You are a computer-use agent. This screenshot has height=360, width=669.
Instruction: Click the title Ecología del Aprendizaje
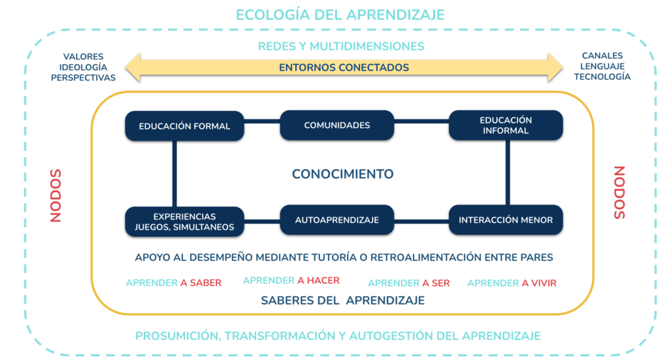340,15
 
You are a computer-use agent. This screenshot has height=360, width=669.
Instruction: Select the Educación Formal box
184,126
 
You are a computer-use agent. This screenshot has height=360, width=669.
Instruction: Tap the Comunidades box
336,125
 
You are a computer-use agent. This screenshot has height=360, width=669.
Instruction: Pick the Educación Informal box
506,125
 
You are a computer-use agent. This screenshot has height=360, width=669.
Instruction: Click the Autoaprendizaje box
336,220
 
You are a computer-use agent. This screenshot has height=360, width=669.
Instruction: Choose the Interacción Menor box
506,220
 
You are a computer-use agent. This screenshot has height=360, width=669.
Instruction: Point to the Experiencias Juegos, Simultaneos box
184,221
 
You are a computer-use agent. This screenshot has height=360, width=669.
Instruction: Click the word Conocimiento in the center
342,174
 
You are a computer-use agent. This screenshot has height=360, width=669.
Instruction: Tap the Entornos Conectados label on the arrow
344,67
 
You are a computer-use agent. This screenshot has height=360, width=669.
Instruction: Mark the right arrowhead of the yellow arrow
555,67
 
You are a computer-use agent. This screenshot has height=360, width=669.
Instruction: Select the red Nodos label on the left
56,196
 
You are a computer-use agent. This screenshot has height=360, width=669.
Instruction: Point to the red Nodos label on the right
619,193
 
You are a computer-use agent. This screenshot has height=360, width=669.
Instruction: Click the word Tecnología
602,77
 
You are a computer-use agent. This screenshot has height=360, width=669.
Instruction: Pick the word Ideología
83,67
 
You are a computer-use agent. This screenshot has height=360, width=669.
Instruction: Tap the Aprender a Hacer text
291,280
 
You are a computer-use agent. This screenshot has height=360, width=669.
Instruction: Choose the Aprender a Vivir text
512,283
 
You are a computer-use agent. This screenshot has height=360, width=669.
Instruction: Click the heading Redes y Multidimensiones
341,46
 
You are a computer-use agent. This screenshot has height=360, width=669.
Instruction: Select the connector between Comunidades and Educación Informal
421,121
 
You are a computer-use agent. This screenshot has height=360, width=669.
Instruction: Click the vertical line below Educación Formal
174,174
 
